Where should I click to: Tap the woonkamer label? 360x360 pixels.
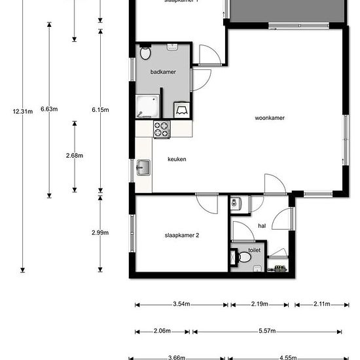pyautogui.click(x=270, y=118)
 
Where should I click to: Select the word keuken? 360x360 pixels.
pyautogui.click(x=177, y=159)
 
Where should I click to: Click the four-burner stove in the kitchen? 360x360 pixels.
pyautogui.click(x=161, y=130)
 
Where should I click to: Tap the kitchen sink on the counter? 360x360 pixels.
pyautogui.click(x=143, y=170)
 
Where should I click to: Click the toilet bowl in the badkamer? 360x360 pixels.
pyautogui.click(x=146, y=54)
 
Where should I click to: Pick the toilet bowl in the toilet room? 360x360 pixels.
pyautogui.click(x=245, y=256)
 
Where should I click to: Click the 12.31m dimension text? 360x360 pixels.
pyautogui.click(x=22, y=111)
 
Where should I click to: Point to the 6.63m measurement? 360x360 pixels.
pyautogui.click(x=49, y=109)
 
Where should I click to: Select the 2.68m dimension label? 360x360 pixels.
pyautogui.click(x=75, y=156)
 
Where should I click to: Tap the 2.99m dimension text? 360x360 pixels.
pyautogui.click(x=100, y=232)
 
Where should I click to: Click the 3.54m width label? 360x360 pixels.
pyautogui.click(x=181, y=304)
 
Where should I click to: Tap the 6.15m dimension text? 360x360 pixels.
pyautogui.click(x=100, y=109)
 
